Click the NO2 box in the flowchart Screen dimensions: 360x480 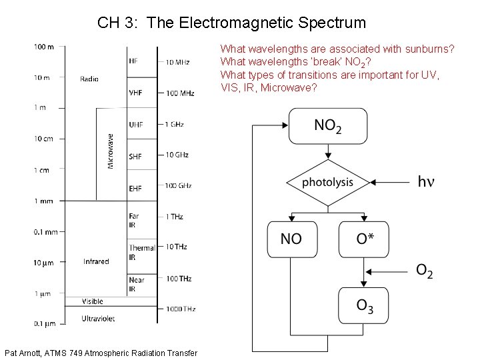click(327, 127)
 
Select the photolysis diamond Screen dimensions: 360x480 click(327, 182)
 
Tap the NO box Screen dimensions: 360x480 click(291, 239)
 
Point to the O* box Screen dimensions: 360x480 click(364, 239)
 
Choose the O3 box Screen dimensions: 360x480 click(364, 307)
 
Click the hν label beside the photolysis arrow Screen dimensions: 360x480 click(425, 181)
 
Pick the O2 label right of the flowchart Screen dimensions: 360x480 click(424, 271)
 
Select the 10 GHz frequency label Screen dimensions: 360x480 click(177, 155)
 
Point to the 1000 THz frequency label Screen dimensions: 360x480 click(180, 309)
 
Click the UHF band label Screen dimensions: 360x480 click(135, 125)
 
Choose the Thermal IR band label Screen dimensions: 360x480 click(141, 252)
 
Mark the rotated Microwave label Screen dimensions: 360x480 click(111, 151)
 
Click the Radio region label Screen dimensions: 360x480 click(89, 79)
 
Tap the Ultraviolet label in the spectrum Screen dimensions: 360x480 click(98, 319)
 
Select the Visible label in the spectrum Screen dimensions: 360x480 click(93, 301)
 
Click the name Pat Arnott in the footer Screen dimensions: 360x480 click(23, 353)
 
